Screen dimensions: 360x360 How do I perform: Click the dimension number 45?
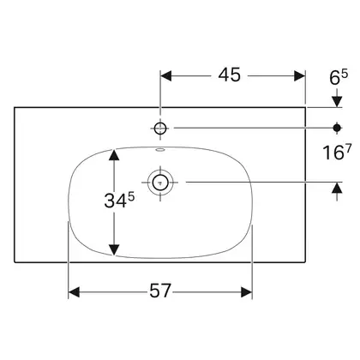pyautogui.click(x=230, y=75)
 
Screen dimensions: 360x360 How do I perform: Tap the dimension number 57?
pyautogui.click(x=160, y=291)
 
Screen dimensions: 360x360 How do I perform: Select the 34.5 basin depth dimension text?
pyautogui.click(x=119, y=200)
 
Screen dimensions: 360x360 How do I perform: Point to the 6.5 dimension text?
pyautogui.click(x=339, y=77)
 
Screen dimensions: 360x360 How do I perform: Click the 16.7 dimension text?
pyautogui.click(x=336, y=152)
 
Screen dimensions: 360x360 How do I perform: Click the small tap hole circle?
pyautogui.click(x=160, y=129)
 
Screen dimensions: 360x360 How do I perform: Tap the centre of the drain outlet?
pyautogui.click(x=160, y=182)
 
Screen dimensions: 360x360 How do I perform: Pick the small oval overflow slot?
pyautogui.click(x=160, y=149)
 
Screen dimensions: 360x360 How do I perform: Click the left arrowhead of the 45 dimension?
pyautogui.click(x=166, y=76)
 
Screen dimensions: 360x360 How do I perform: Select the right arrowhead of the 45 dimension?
pyautogui.click(x=300, y=76)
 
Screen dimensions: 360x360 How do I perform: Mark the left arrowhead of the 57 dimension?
pyautogui.click(x=74, y=292)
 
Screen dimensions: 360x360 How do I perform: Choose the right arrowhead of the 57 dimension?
pyautogui.click(x=247, y=292)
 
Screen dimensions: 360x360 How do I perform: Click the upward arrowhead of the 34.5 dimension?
pyautogui.click(x=114, y=154)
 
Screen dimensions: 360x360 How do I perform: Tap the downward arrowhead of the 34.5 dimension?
pyautogui.click(x=114, y=250)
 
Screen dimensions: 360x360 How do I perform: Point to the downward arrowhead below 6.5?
pyautogui.click(x=337, y=102)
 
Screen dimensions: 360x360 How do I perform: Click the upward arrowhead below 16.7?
pyautogui.click(x=338, y=188)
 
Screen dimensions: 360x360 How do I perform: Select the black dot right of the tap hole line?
pyautogui.click(x=337, y=128)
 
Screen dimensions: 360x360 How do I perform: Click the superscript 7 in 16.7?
pyautogui.click(x=347, y=148)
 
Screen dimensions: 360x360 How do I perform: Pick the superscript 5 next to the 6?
pyautogui.click(x=345, y=75)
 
